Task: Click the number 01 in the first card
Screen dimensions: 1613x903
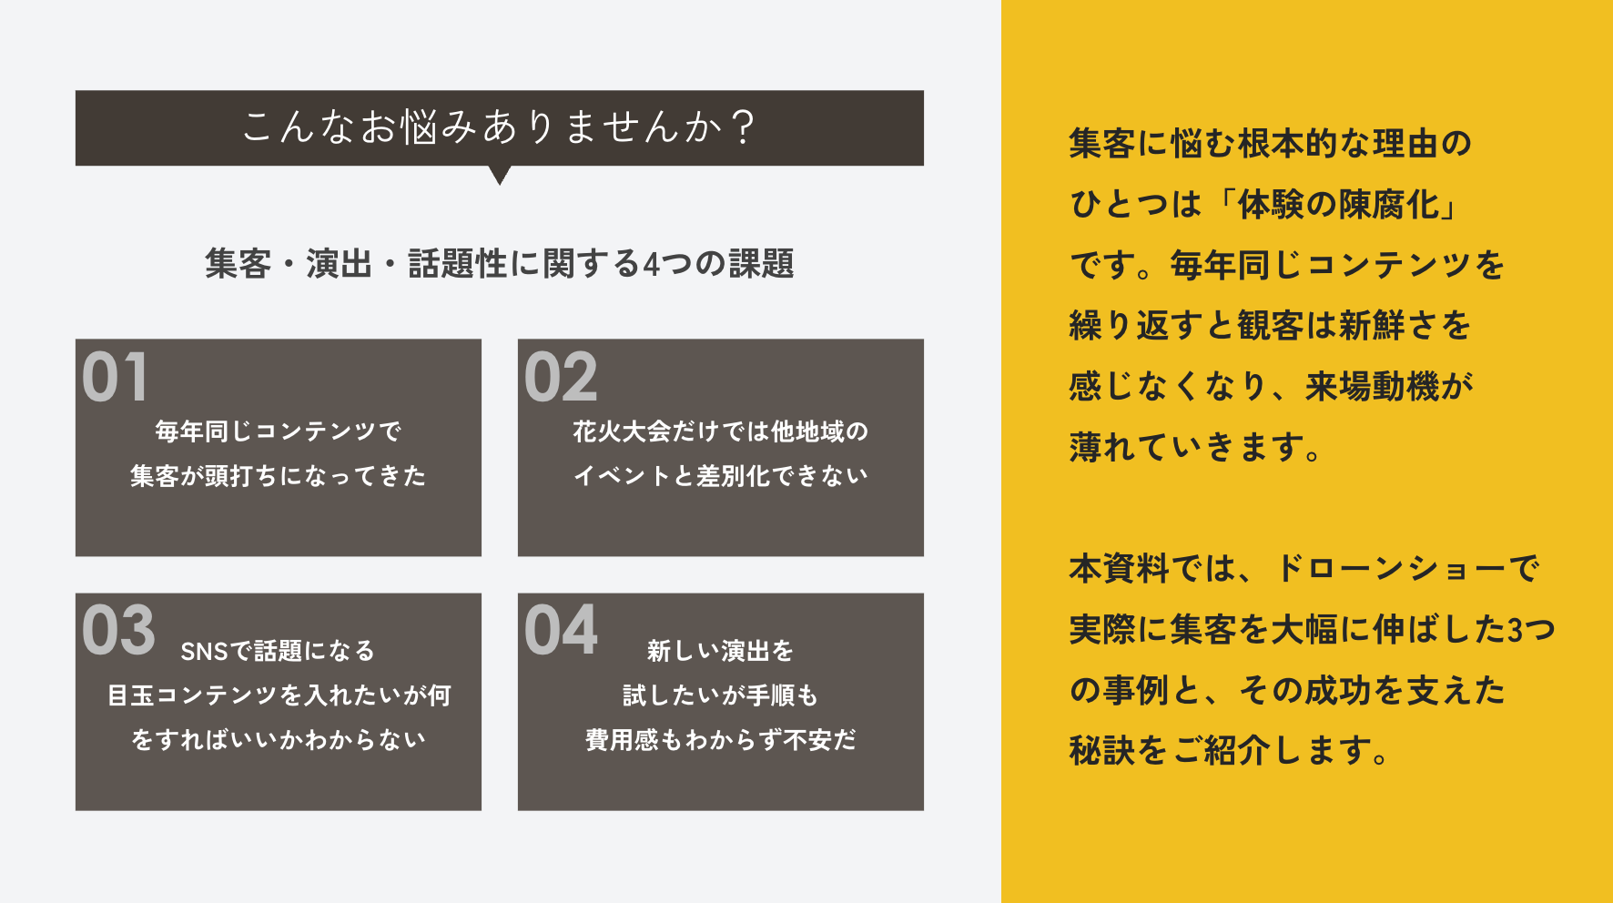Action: [115, 378]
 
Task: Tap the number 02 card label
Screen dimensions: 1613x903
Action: [561, 378]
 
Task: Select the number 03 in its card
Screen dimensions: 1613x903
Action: [118, 630]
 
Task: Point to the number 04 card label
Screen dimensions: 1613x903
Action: [561, 630]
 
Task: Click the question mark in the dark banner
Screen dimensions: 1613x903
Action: [743, 127]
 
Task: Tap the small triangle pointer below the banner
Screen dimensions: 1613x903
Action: [500, 175]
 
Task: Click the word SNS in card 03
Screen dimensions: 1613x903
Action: [203, 652]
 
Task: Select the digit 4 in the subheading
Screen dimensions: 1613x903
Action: [651, 265]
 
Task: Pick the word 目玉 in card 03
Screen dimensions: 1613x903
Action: [131, 696]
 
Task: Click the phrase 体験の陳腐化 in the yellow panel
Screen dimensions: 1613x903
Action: [1338, 205]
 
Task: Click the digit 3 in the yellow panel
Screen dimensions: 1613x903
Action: [1515, 630]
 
